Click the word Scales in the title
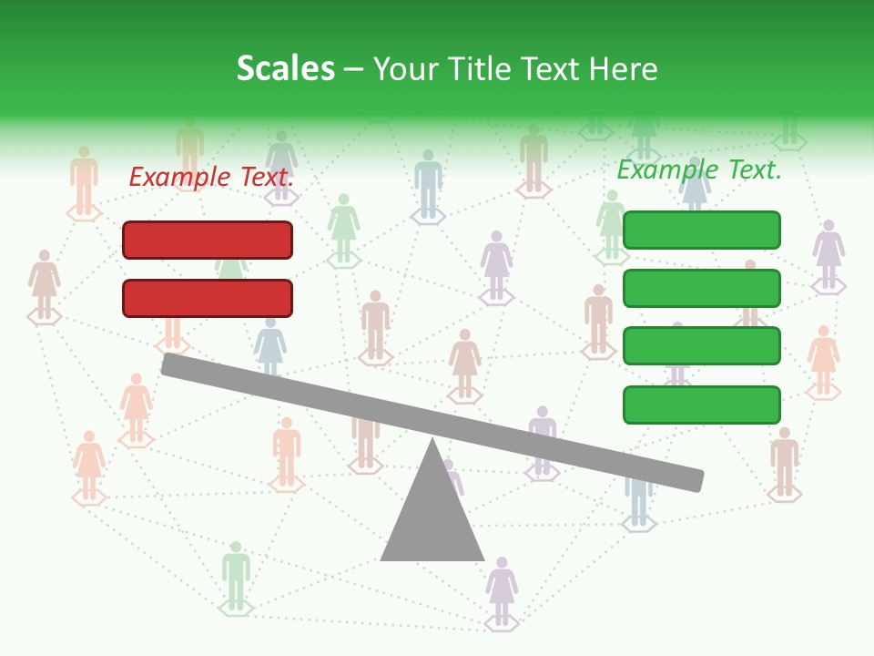(x=285, y=69)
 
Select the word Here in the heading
(x=622, y=69)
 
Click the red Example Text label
(x=212, y=177)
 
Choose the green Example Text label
(x=699, y=169)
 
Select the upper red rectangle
(x=208, y=240)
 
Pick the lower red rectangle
(x=208, y=298)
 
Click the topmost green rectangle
(x=701, y=230)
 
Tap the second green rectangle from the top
(x=701, y=288)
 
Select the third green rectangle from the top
(x=701, y=346)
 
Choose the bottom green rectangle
(x=701, y=405)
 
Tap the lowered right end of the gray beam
(x=696, y=479)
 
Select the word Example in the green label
(x=662, y=169)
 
